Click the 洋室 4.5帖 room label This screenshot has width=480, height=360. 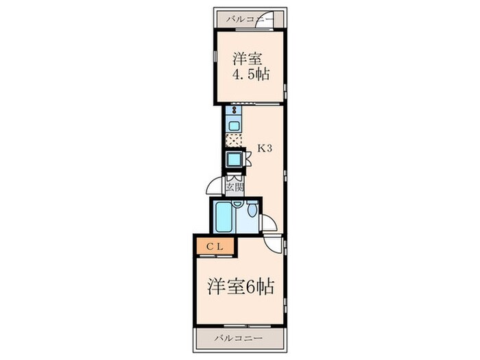coord(249,67)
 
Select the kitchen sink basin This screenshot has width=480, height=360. coord(234,125)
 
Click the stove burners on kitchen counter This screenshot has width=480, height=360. coord(234,110)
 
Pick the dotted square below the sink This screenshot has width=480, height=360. coord(234,141)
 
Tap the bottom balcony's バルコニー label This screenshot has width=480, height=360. coord(237,339)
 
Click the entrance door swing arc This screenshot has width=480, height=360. coord(215,185)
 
